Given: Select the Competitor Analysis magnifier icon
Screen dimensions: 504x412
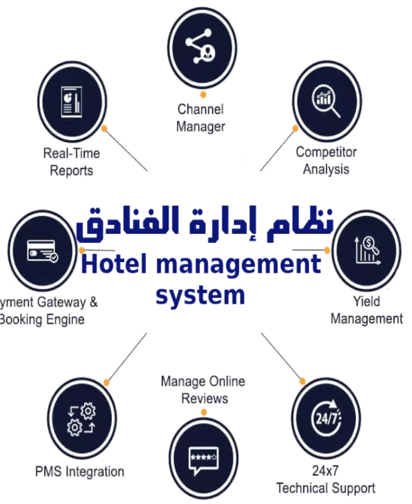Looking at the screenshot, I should coord(327,99).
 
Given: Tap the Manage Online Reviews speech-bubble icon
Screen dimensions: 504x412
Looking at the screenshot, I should coord(203,457).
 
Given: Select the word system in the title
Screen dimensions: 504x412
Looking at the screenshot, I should coord(200,296).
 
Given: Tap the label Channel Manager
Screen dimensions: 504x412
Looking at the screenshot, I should coord(201,118).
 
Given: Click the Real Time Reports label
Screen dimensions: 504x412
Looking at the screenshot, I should coord(72,162).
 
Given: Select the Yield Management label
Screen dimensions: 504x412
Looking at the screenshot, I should coord(366,311).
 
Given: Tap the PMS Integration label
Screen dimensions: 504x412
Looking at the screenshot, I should coord(79,472).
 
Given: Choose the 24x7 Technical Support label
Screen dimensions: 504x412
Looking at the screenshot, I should coord(326,480).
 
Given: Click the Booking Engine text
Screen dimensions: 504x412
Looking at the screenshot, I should coord(42,320).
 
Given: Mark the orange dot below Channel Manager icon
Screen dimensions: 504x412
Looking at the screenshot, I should coord(203,94).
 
